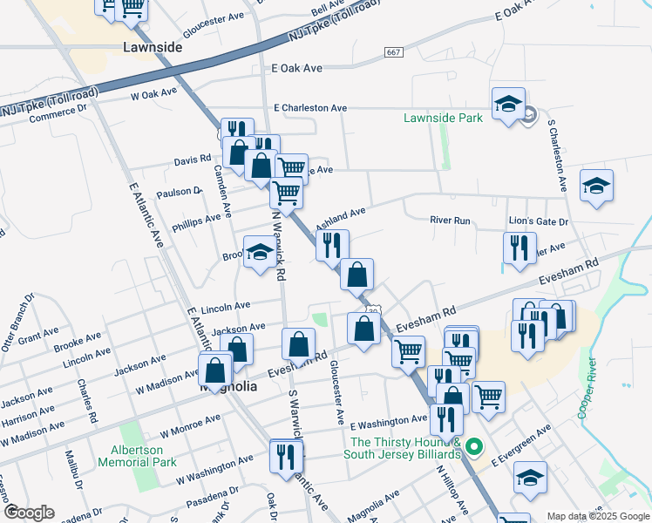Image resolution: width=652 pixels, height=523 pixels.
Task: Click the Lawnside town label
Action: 153,47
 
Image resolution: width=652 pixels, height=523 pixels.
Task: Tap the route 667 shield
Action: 393,53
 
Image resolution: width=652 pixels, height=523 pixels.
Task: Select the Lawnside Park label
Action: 443,118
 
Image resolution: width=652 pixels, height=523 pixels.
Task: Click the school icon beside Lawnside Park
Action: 508,105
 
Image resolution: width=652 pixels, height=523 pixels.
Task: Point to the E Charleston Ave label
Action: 309,108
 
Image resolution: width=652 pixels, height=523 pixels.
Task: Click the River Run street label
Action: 450,221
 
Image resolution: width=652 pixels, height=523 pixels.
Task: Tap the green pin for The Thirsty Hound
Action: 474,448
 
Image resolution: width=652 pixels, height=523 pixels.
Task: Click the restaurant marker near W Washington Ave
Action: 286,456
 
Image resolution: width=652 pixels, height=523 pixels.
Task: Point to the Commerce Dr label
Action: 58,111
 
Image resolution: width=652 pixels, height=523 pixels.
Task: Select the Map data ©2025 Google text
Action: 597,516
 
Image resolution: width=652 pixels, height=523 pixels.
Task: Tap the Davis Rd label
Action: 193,160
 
